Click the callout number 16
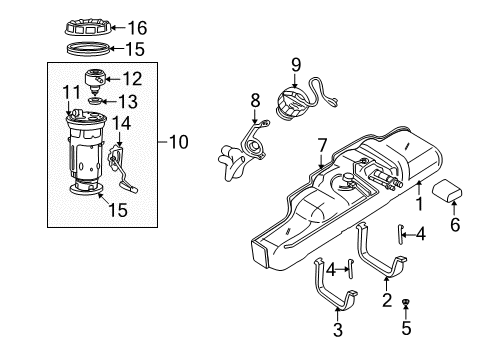(x=137, y=26)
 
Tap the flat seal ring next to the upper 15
(x=86, y=48)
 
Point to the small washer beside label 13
(x=93, y=100)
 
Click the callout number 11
(x=68, y=93)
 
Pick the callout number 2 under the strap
(x=386, y=297)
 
